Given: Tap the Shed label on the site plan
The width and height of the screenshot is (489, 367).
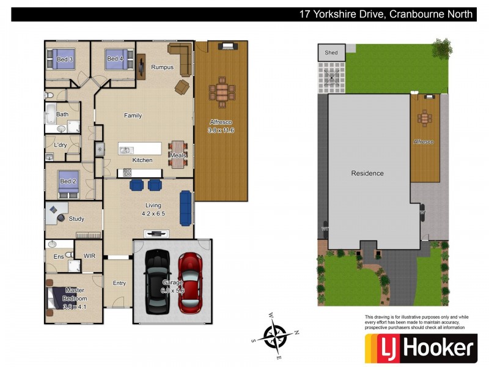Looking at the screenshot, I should (x=331, y=53).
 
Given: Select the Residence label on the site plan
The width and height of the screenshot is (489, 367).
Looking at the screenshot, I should (x=367, y=173).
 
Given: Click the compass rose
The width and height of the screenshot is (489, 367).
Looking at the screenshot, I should (x=275, y=336).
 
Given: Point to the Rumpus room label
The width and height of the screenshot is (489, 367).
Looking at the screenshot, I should (x=163, y=67).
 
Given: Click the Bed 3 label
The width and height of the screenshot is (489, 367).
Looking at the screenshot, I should (x=65, y=59).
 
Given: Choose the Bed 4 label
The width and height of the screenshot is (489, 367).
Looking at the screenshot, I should (x=114, y=59).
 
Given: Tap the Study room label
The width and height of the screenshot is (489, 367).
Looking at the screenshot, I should (x=76, y=219).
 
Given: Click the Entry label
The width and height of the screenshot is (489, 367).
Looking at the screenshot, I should (x=119, y=283).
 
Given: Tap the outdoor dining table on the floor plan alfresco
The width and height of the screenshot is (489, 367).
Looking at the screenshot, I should (x=221, y=92).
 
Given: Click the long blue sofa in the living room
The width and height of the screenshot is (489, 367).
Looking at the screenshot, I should (x=186, y=207).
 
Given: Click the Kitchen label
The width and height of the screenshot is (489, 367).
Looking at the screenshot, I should (x=142, y=160).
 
